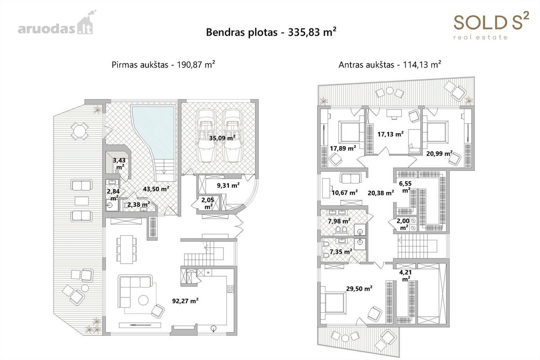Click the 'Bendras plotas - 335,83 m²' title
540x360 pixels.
click(271, 32)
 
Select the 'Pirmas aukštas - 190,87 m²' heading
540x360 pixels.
click(163, 65)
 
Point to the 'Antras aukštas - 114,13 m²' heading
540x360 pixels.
click(390, 65)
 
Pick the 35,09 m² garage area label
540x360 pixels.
click(222, 138)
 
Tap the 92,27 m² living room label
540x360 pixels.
click(185, 301)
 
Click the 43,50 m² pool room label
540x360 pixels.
click(156, 189)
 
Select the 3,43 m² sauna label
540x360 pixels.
click(119, 164)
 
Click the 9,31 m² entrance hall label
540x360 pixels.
click(228, 185)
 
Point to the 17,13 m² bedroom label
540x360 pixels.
click(391, 134)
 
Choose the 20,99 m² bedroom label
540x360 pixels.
click(440, 153)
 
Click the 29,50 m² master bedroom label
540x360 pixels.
click(359, 288)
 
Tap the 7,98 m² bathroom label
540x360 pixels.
click(339, 221)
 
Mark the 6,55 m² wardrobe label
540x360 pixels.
click(405, 187)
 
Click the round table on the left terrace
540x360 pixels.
click(79, 131)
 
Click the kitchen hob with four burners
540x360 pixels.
click(230, 289)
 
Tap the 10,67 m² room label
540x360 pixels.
click(345, 193)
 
